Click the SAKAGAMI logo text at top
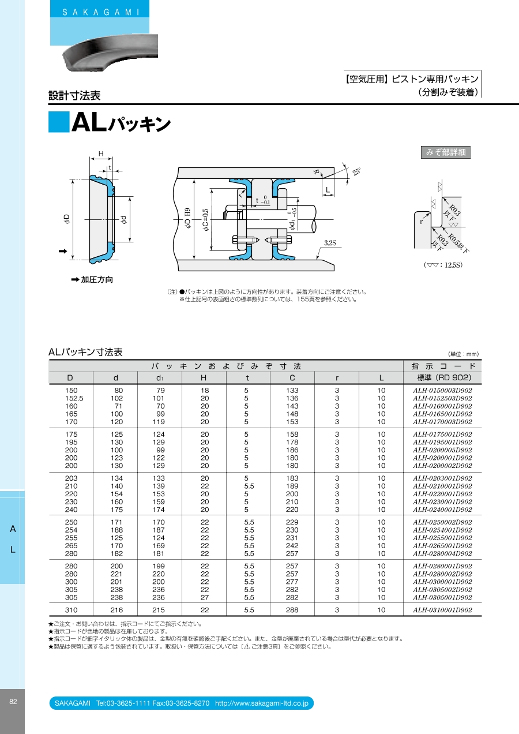click(101, 12)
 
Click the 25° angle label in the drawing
click(356, 171)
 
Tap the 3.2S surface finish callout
click(330, 243)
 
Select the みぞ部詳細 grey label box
click(446, 152)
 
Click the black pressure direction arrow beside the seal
click(63, 251)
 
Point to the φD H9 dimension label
click(187, 218)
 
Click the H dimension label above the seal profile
click(101, 153)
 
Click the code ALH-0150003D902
click(442, 390)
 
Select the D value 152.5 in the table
click(74, 398)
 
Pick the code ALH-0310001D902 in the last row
click(442, 610)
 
